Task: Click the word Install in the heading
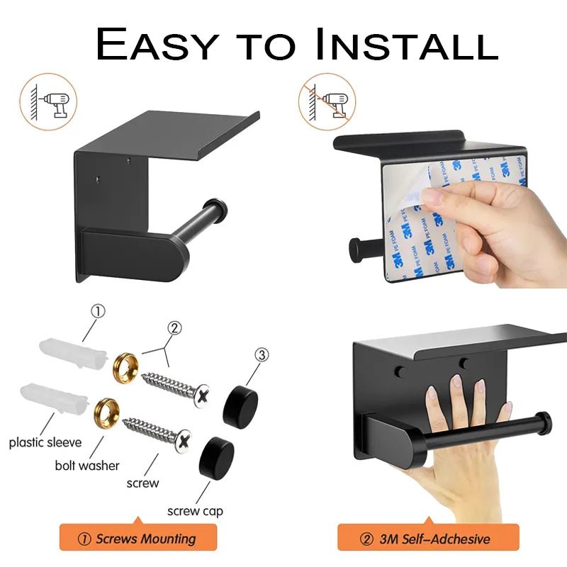point(406,44)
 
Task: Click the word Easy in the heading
point(157,44)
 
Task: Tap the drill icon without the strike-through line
point(48,101)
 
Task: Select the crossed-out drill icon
point(327,101)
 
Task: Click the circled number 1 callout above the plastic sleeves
point(98,311)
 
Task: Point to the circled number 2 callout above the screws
point(174,328)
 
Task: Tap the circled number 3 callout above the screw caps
point(262,355)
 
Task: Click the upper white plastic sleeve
point(74,352)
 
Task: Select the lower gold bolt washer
point(107,411)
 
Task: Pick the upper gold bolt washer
point(126,368)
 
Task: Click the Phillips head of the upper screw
point(202,396)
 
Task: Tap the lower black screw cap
point(216,458)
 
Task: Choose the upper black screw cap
point(240,407)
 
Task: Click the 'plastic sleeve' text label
point(45,442)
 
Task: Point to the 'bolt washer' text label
point(87,466)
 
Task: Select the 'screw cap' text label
point(196,511)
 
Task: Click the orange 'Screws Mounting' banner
point(138,538)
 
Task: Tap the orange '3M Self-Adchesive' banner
point(429,538)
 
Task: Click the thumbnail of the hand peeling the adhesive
point(449,210)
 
